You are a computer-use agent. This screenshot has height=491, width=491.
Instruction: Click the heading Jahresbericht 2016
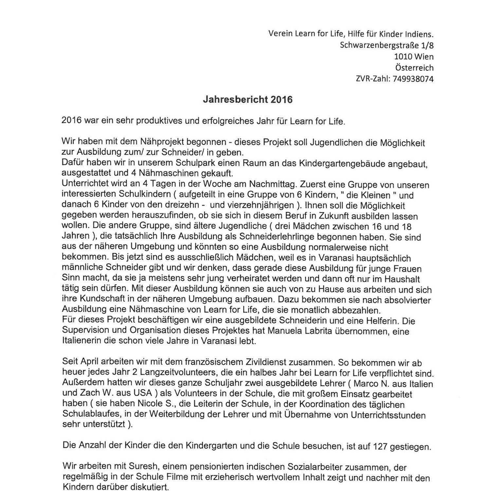[x=247, y=100]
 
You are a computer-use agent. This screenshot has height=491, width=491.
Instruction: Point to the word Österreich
[x=414, y=68]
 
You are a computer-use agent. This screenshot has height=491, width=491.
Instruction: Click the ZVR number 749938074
[x=413, y=79]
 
